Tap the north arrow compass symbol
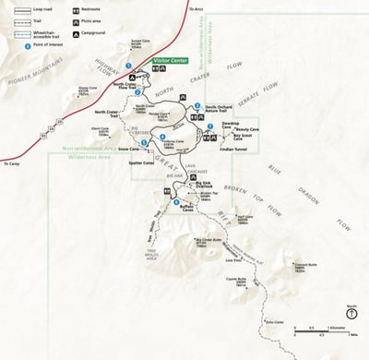351,312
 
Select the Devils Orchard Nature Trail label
221,109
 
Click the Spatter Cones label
141,162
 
